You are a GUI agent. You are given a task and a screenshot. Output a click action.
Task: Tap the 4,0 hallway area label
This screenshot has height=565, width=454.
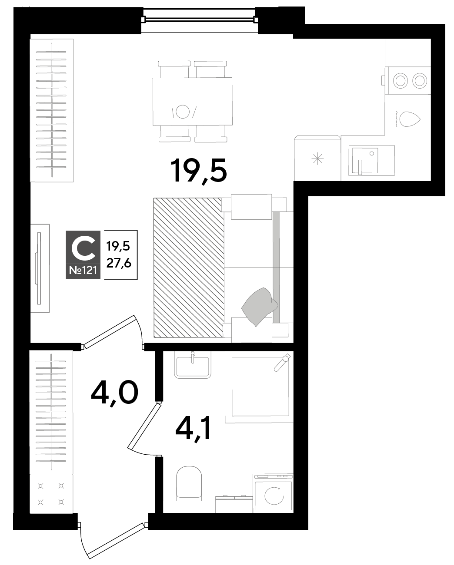(x=115, y=393)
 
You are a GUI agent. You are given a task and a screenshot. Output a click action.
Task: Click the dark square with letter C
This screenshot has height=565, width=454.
(x=83, y=247)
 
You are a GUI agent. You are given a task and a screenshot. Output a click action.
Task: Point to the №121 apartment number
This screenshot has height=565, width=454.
(x=83, y=270)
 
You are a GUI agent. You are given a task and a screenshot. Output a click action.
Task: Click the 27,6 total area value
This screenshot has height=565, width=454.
(x=119, y=263)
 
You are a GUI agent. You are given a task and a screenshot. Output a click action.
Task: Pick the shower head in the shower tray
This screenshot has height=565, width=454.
(x=282, y=362)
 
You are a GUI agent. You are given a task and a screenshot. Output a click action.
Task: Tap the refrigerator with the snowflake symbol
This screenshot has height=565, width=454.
(x=317, y=158)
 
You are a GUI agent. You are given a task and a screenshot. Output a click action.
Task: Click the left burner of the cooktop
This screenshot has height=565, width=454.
(x=401, y=81)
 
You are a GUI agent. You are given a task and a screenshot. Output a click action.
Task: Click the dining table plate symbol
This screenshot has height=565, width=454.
(x=183, y=112)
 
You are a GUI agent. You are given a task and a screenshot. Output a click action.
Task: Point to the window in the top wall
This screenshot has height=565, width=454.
(x=200, y=20)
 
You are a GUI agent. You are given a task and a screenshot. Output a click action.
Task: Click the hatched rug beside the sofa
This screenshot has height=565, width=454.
(x=189, y=268)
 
